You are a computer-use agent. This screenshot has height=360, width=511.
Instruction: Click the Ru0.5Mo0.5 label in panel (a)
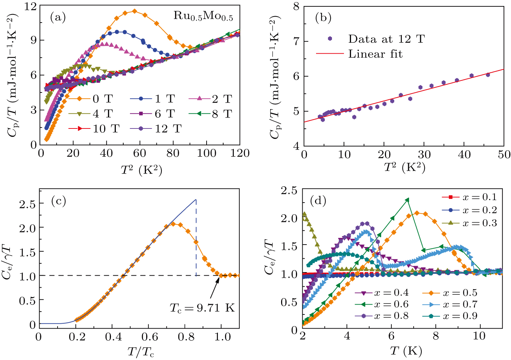(203, 16)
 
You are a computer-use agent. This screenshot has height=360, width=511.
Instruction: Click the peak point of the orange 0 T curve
(135, 11)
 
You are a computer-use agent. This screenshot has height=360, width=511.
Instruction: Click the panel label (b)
(323, 18)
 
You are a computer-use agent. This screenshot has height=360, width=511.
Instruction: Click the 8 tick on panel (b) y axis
(296, 6)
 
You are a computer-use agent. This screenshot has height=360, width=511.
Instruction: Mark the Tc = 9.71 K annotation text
(202, 308)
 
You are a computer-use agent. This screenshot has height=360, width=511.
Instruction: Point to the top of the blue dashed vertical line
(196, 200)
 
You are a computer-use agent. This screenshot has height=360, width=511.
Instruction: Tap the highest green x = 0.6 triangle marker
(407, 200)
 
